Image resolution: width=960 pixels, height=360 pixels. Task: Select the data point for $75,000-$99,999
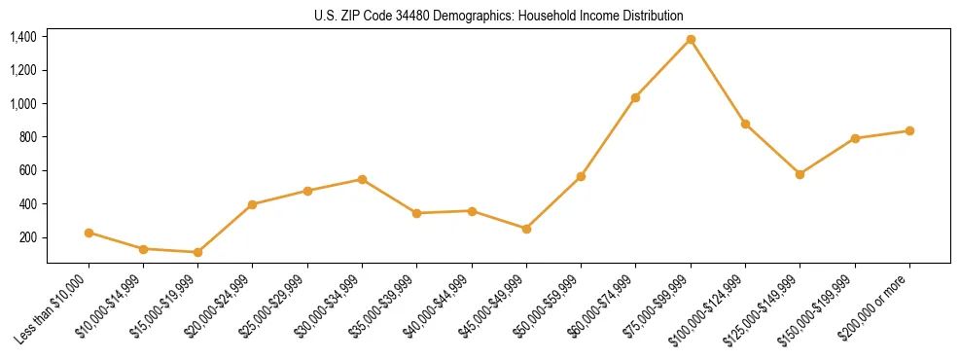pyautogui.click(x=691, y=39)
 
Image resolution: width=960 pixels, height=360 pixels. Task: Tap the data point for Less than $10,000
pyautogui.click(x=89, y=233)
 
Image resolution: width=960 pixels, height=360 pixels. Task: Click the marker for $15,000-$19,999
pyautogui.click(x=198, y=252)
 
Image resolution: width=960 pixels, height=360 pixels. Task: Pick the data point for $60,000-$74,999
pyautogui.click(x=635, y=97)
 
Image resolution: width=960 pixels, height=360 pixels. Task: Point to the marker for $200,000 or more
pyautogui.click(x=909, y=130)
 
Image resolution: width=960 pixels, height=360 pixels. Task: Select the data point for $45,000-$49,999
pyautogui.click(x=526, y=229)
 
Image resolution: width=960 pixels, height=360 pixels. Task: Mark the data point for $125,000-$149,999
pyautogui.click(x=800, y=174)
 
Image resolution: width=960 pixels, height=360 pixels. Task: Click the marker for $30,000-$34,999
pyautogui.click(x=362, y=179)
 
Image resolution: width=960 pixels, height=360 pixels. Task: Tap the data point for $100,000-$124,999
pyautogui.click(x=745, y=124)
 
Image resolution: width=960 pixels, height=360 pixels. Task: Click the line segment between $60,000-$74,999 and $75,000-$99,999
pyautogui.click(x=663, y=68)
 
